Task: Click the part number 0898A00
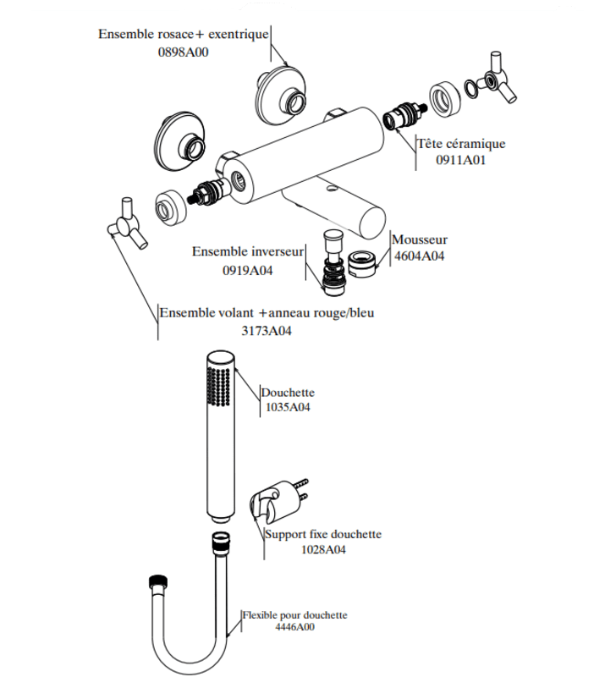coord(183,52)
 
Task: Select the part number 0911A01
coord(460,160)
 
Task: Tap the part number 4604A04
coord(419,256)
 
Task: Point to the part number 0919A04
coord(247,271)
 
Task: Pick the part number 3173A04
coord(267,331)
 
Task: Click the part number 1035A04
coord(288,407)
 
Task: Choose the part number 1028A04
coord(323,549)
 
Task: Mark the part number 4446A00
coord(294,627)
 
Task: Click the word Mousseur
coord(420,239)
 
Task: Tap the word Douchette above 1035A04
coord(288,393)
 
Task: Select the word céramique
coord(476,144)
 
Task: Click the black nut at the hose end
coord(158,581)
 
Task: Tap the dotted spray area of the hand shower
coord(218,387)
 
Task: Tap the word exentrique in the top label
coord(239,34)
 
